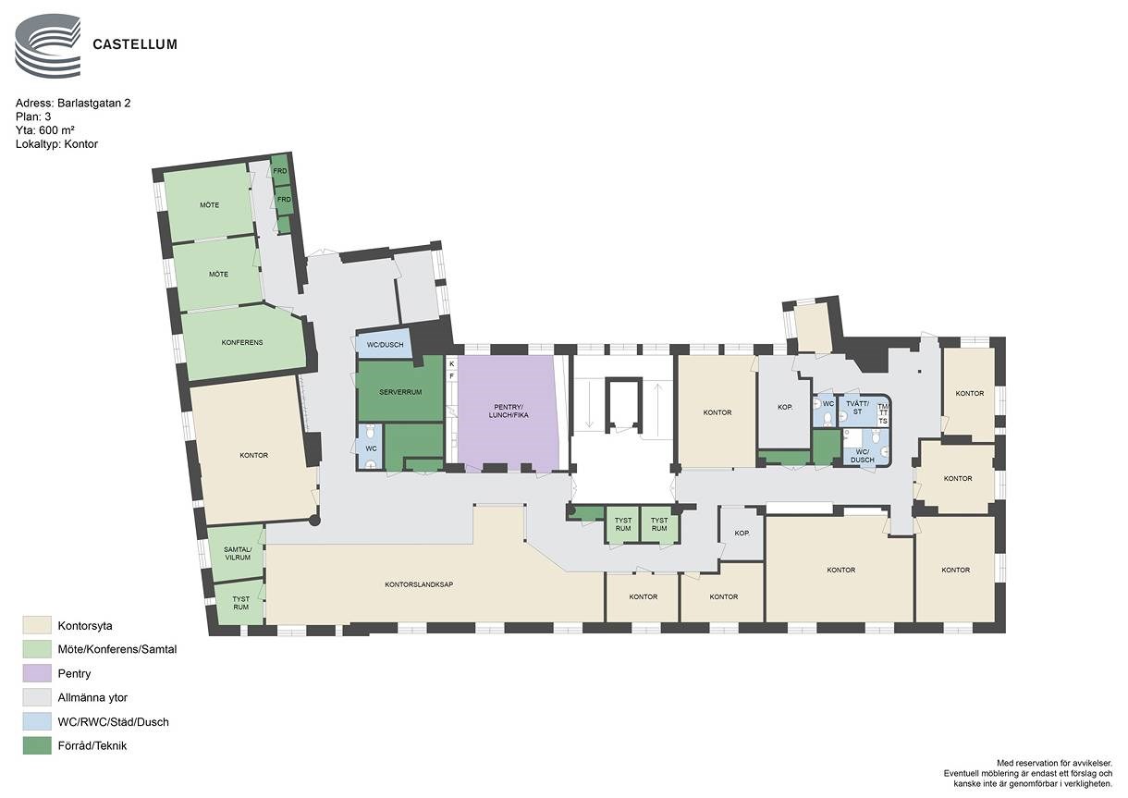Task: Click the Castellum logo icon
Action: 47,45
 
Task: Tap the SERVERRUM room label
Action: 400,392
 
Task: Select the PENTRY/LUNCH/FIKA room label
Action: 509,411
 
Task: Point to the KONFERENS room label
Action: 242,342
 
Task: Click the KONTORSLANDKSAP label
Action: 419,584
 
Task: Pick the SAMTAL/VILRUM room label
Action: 238,554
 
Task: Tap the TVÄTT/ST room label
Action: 858,407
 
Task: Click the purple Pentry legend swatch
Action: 37,674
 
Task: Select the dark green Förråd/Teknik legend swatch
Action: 37,745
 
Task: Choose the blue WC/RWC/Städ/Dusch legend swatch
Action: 37,721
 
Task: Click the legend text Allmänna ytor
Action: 92,698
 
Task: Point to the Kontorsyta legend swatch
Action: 37,625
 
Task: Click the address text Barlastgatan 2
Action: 93,104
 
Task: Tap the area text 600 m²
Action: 57,130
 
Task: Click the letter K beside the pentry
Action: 452,363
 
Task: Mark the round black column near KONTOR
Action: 314,521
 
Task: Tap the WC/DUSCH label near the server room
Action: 385,345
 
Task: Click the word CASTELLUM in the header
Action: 135,44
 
